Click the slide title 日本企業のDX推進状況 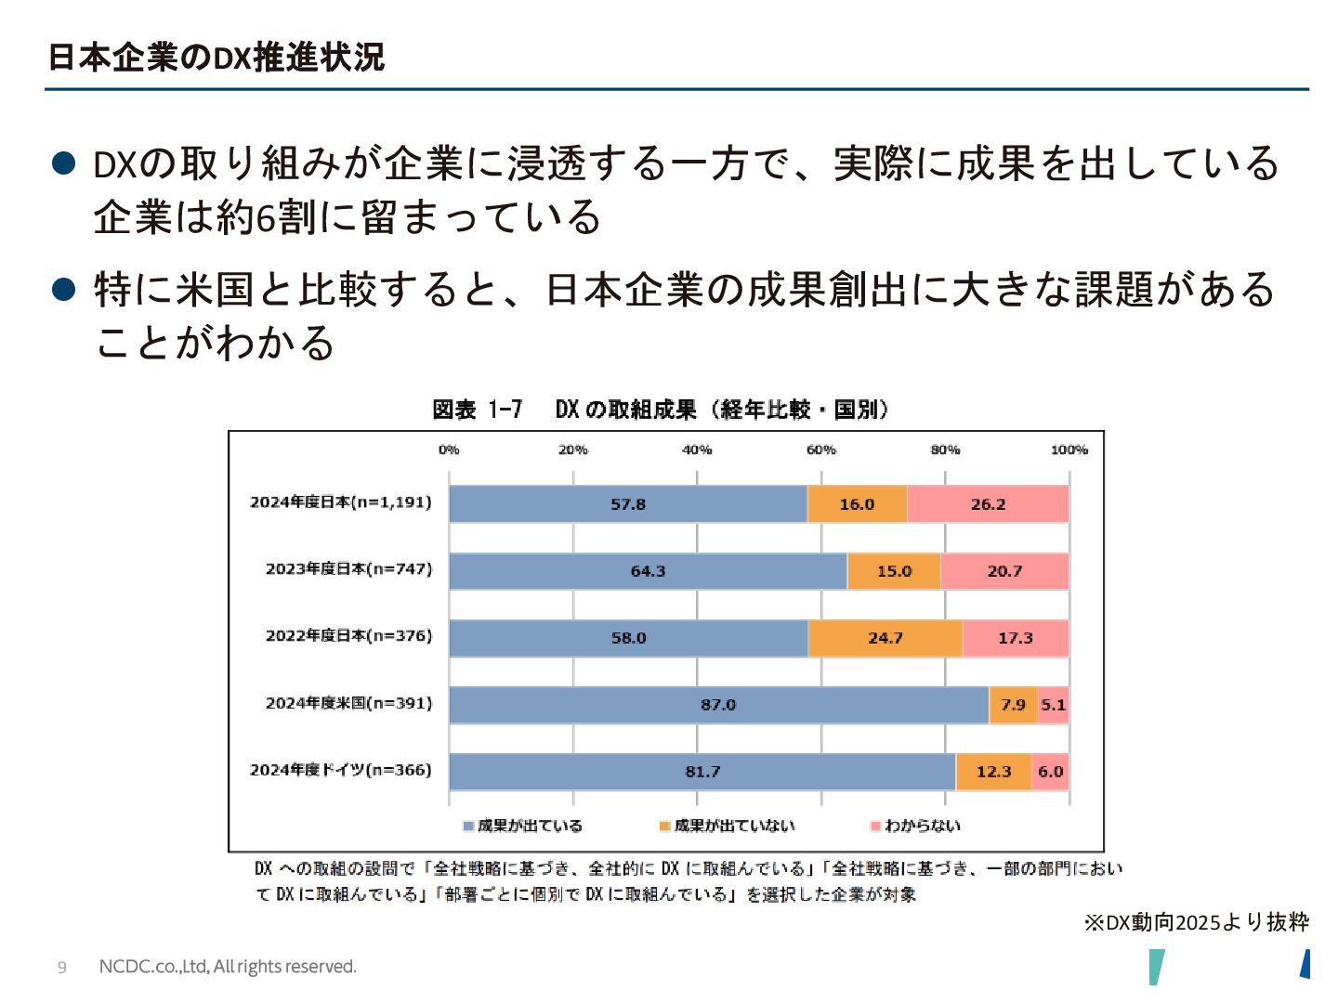click(216, 58)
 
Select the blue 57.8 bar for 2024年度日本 click(628, 504)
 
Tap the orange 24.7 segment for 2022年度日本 click(885, 638)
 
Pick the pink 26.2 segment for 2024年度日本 click(988, 504)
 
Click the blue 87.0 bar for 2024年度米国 click(718, 705)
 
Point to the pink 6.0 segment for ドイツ click(1050, 772)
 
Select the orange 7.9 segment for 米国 click(1013, 705)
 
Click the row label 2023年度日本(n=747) click(348, 568)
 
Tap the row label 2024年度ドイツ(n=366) click(340, 770)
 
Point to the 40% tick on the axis click(697, 450)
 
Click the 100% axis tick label click(1069, 450)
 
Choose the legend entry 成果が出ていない click(734, 826)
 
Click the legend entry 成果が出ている click(530, 826)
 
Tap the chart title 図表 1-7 click(477, 410)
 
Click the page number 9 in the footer click(62, 968)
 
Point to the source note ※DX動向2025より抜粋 click(1196, 922)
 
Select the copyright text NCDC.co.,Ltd click(228, 967)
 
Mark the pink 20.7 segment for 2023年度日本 click(1004, 571)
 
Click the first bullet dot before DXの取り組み click(63, 163)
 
